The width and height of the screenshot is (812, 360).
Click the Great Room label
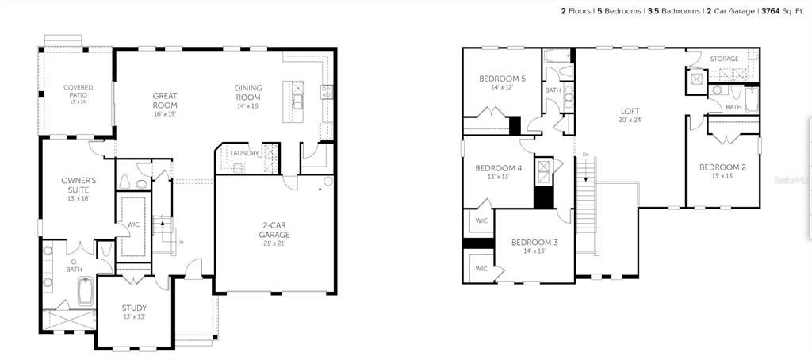(165, 100)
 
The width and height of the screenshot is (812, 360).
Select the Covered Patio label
(79, 91)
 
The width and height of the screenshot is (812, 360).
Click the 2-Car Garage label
(274, 230)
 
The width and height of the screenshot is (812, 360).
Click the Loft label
(630, 111)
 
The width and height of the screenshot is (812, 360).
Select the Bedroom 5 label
(502, 79)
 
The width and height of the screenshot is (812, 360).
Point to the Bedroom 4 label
(498, 168)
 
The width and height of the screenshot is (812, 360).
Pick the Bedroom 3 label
(534, 243)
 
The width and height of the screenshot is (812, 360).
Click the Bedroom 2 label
(722, 167)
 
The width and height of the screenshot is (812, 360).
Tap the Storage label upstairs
(724, 59)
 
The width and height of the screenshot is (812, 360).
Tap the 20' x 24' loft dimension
(630, 120)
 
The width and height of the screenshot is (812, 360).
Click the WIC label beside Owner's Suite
(133, 224)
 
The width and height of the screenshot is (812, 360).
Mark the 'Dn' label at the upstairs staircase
(586, 154)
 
